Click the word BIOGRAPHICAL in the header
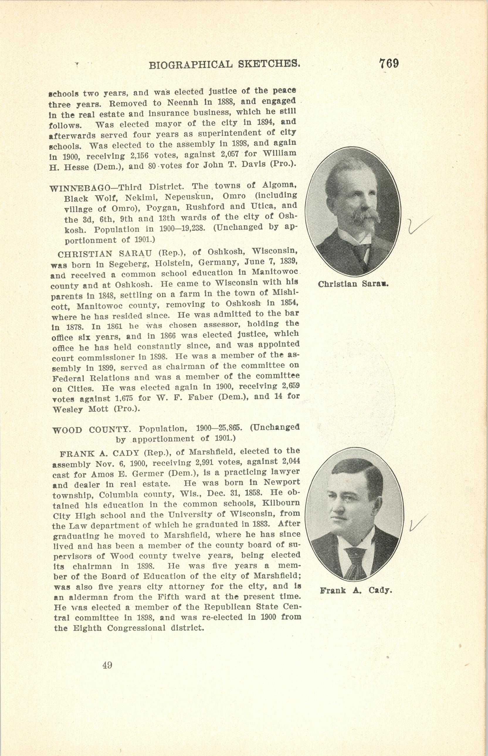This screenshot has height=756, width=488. coord(190,65)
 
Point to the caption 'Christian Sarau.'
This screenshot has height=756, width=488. coord(353,284)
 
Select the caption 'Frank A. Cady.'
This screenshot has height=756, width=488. coord(356,590)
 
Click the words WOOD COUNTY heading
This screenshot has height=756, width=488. coord(91,430)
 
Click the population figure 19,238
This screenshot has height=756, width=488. coord(189,228)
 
